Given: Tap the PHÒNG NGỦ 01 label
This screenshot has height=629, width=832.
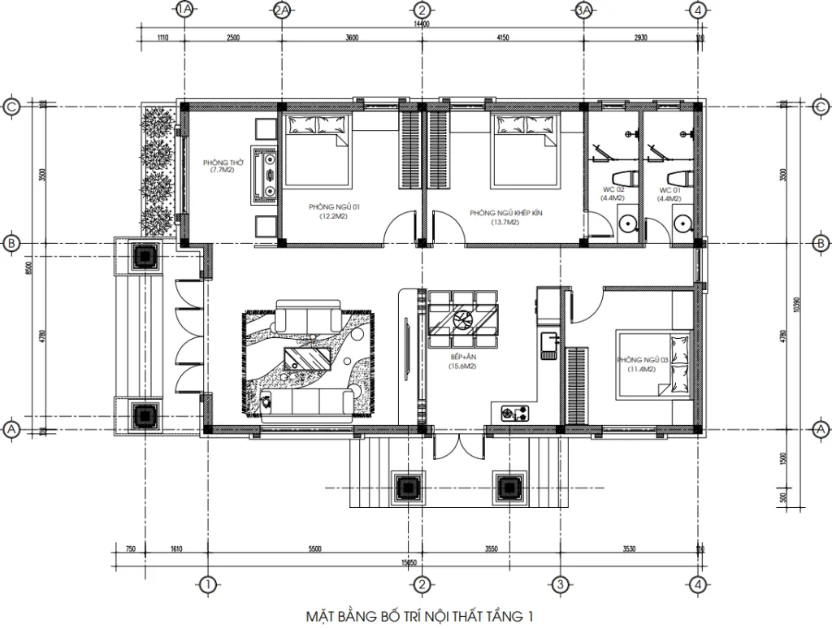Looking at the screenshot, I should click(x=333, y=212).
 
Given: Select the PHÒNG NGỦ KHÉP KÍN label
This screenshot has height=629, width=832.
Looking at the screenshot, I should click(x=505, y=213).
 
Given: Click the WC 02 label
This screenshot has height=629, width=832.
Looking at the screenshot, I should click(x=613, y=193).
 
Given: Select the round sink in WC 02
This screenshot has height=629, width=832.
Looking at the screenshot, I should click(x=627, y=223).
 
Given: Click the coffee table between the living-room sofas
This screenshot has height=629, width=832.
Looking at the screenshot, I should click(x=308, y=357).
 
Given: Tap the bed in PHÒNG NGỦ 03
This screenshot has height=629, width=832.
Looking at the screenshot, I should click(x=654, y=363).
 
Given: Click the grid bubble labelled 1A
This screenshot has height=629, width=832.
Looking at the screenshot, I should click(x=184, y=10).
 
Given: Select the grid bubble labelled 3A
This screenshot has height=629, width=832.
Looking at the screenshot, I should click(x=583, y=10).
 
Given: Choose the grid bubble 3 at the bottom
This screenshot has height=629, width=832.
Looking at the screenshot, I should click(x=559, y=583).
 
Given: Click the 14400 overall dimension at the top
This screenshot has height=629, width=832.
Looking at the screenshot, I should click(x=421, y=25).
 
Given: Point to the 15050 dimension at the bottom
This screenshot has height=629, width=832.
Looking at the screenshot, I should click(x=407, y=562).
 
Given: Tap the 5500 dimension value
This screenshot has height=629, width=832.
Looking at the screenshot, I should click(x=314, y=549).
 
